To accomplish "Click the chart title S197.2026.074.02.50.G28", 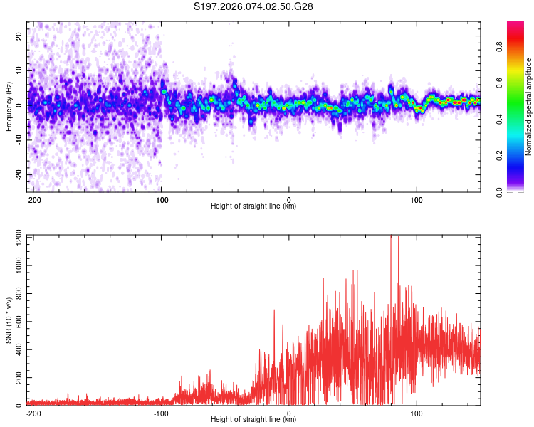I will pyautogui.click(x=254, y=7).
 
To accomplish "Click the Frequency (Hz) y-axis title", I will pyautogui.click(x=9, y=105).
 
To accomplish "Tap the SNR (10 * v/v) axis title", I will pyautogui.click(x=9, y=320).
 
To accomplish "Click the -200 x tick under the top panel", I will pyautogui.click(x=33, y=199).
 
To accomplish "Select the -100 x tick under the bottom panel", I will pyautogui.click(x=161, y=413).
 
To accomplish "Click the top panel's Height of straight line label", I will pyautogui.click(x=253, y=206).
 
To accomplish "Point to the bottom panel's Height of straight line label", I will pyautogui.click(x=253, y=420).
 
